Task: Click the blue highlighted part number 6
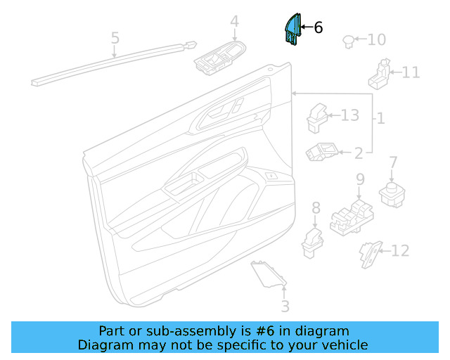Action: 292,30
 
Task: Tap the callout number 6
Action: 318,28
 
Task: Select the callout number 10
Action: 376,39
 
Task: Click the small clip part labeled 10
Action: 347,41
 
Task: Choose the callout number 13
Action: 349,115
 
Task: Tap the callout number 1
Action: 380,119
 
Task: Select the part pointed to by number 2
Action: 323,152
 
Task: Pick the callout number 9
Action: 360,180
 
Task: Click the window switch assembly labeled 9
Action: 353,217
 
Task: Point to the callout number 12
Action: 399,250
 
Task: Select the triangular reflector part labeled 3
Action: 269,274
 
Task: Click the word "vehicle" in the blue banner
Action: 343,345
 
